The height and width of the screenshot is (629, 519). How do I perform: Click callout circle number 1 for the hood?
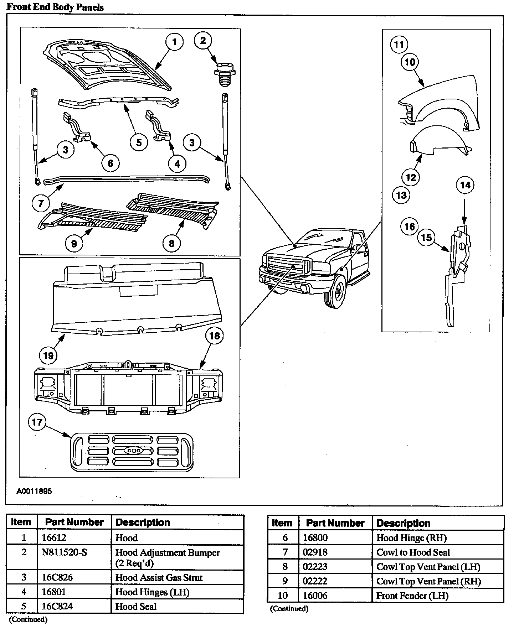(174, 42)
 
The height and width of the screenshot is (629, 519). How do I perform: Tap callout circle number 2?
(203, 40)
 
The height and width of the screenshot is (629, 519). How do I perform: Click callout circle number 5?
(139, 142)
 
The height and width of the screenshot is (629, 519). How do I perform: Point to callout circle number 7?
(41, 203)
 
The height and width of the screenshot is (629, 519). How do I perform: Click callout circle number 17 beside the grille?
(37, 422)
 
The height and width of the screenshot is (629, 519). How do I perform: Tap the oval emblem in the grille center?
(134, 451)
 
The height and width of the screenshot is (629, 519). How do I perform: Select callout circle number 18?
(214, 336)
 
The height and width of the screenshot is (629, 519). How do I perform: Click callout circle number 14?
(465, 185)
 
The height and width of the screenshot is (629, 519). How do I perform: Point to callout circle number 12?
(411, 177)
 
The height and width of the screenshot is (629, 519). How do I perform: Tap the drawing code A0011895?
(34, 491)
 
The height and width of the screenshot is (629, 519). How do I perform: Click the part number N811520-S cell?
(65, 552)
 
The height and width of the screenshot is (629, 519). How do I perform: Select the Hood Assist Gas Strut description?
(159, 577)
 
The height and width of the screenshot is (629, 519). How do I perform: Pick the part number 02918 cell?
(315, 552)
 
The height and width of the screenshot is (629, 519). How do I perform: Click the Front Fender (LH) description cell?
(412, 596)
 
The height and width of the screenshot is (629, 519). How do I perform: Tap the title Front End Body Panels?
(55, 7)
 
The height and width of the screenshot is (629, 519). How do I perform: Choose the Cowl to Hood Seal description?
(413, 552)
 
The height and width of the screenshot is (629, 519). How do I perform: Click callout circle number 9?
(74, 243)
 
